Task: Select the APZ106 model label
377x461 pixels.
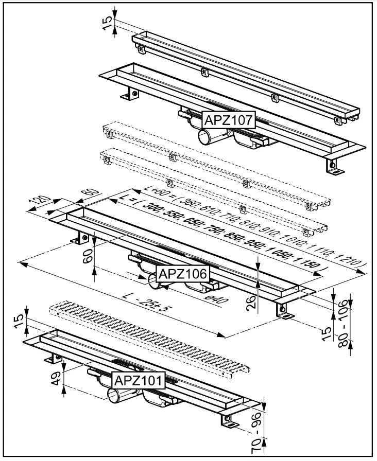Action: point(183,274)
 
